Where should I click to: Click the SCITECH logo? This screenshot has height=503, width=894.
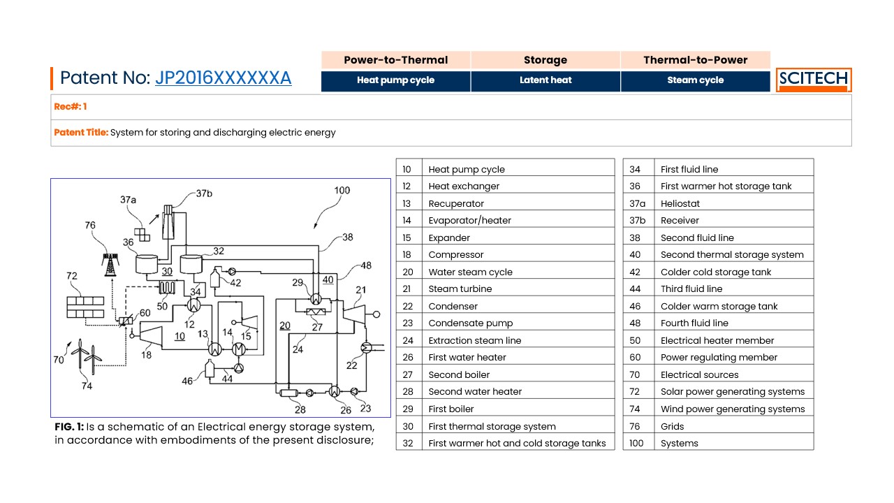tap(814, 80)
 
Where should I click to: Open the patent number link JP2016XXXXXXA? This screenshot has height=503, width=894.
tap(223, 78)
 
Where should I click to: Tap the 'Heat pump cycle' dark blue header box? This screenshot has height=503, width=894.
tap(395, 81)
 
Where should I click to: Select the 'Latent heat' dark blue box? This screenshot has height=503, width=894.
tap(545, 81)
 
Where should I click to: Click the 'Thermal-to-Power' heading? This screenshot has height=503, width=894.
tap(695, 60)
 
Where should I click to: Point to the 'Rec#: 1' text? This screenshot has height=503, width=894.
tap(71, 107)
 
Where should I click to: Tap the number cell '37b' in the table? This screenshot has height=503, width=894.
tap(638, 220)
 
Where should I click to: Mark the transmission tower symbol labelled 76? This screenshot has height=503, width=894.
tap(110, 265)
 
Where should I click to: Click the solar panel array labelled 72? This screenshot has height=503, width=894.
tap(85, 307)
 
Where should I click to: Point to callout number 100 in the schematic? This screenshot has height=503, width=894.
tap(342, 191)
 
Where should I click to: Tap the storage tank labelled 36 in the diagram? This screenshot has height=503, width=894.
tap(147, 264)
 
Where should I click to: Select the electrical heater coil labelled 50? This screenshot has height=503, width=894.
tap(167, 287)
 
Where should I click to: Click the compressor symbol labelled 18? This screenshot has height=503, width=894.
tap(150, 336)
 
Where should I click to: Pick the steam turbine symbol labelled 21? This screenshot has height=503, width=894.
tap(354, 314)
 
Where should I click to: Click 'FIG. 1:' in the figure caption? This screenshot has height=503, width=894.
tap(69, 427)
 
